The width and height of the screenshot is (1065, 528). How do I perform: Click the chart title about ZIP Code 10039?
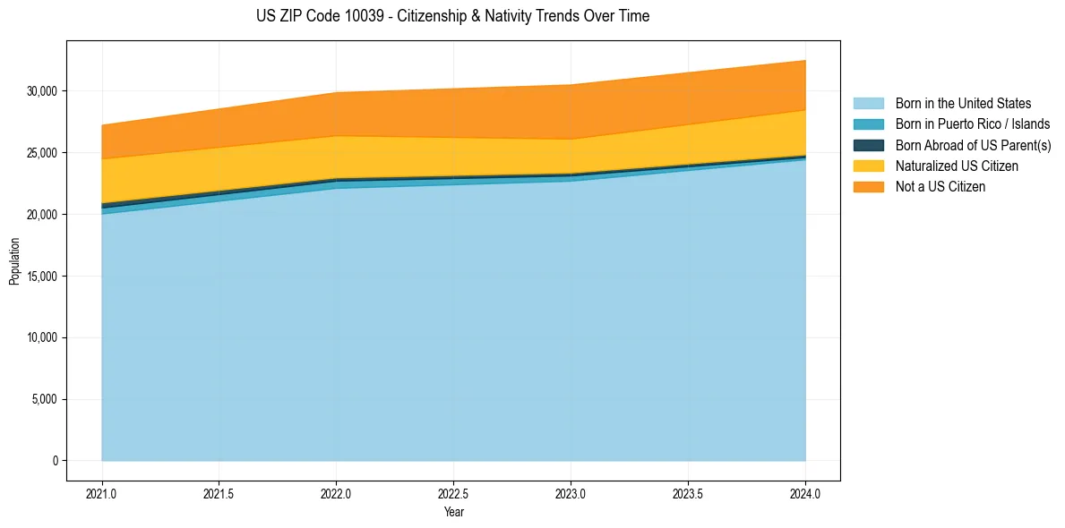pyautogui.click(x=452, y=16)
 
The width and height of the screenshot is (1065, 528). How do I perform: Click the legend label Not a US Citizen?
pyautogui.click(x=940, y=187)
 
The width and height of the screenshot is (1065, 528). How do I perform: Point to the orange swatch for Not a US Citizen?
pyautogui.click(x=868, y=187)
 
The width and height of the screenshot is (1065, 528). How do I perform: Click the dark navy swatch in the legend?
pyautogui.click(x=868, y=145)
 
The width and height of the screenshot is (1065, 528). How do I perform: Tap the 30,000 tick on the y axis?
pyautogui.click(x=42, y=91)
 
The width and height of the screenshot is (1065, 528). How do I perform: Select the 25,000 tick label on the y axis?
pyautogui.click(x=42, y=153)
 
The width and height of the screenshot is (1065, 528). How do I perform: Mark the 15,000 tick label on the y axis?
pyautogui.click(x=42, y=277)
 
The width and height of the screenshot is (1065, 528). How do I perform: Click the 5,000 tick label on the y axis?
pyautogui.click(x=45, y=399)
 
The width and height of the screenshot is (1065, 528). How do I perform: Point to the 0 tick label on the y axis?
pyautogui.click(x=55, y=461)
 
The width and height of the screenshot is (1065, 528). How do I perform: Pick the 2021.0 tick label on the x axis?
pyautogui.click(x=102, y=493)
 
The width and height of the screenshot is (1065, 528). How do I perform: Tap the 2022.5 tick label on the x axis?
pyautogui.click(x=453, y=493)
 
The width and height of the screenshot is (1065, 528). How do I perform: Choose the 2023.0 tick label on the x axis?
pyautogui.click(x=571, y=493)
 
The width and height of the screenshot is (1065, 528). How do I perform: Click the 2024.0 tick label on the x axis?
pyautogui.click(x=805, y=493)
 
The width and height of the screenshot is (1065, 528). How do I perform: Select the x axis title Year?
pyautogui.click(x=453, y=513)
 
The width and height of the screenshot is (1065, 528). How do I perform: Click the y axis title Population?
pyautogui.click(x=14, y=261)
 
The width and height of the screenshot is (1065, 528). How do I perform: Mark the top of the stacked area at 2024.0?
pyautogui.click(x=805, y=60)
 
